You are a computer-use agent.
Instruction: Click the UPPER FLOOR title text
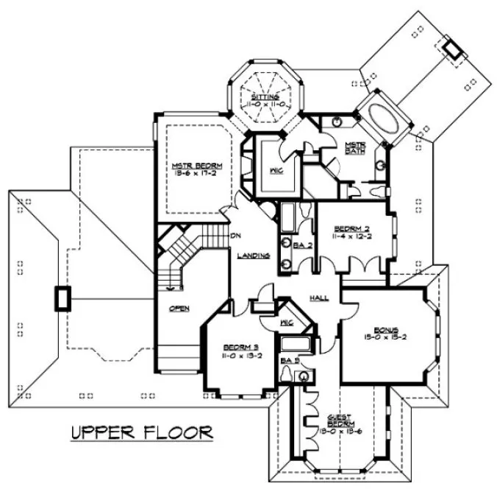click(141, 432)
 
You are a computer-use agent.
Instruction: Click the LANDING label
click(253, 256)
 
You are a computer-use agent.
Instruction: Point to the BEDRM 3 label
click(237, 346)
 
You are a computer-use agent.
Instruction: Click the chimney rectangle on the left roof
click(62, 299)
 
